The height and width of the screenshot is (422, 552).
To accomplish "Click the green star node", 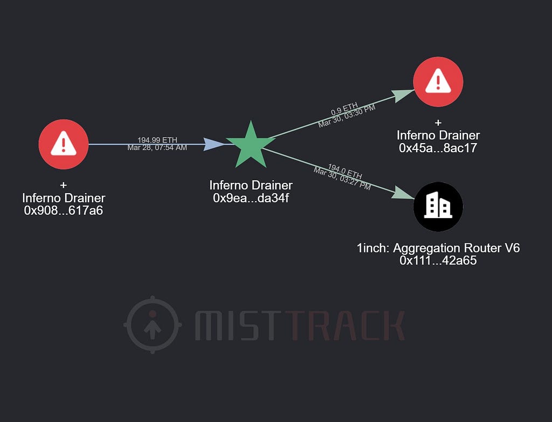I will (251, 145).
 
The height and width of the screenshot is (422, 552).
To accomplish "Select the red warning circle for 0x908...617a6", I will (64, 144).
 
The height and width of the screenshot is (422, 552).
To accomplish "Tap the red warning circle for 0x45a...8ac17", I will (438, 81).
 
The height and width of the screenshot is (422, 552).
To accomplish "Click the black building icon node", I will (438, 207).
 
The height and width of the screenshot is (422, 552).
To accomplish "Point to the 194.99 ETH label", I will (157, 140).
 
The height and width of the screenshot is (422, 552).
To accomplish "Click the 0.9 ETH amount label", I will (344, 109).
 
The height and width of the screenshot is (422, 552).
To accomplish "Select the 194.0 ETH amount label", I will (345, 171).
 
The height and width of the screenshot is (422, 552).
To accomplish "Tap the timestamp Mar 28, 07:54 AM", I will (157, 147).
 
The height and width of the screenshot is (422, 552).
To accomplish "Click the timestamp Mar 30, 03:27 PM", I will (342, 178).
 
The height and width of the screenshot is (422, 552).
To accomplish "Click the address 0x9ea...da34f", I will (251, 198).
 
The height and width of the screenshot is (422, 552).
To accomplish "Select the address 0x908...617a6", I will (64, 210).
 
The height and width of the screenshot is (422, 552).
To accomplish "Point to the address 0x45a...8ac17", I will (438, 148).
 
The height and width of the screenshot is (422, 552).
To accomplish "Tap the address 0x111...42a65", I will (438, 261).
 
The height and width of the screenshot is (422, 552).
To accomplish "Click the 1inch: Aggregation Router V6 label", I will (438, 248).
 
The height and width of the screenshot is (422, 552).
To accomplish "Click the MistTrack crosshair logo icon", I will (152, 324).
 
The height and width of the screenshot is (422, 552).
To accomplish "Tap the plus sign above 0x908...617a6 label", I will (64, 185).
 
